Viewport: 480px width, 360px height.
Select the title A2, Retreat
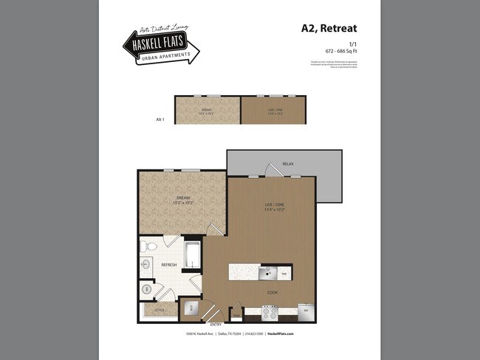pos(329,29)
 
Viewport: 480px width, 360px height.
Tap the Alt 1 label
pos(159,118)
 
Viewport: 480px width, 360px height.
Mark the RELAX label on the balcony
pos(287,164)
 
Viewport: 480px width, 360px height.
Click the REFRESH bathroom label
pos(169,264)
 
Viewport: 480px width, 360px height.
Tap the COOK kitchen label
pos(272,292)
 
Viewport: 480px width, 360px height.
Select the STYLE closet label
pos(160,311)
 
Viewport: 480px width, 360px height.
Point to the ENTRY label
pos(216,324)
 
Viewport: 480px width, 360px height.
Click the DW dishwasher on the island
pos(285,274)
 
